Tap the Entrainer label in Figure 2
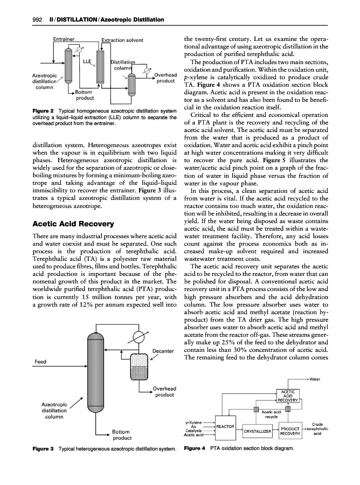64,39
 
